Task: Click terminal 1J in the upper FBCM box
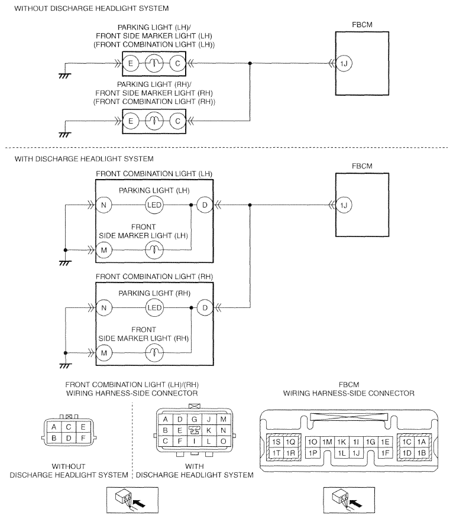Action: click(x=344, y=63)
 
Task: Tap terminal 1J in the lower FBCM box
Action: click(x=344, y=205)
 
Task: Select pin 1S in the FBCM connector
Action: click(x=276, y=442)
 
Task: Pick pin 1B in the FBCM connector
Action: click(x=422, y=453)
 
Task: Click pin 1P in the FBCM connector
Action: click(x=313, y=453)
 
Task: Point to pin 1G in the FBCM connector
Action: click(x=371, y=442)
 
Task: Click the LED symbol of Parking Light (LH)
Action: click(x=154, y=205)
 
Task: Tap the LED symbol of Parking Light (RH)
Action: click(x=154, y=308)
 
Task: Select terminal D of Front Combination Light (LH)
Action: click(x=205, y=205)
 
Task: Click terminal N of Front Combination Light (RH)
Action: click(x=104, y=308)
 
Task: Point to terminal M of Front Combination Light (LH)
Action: click(x=104, y=250)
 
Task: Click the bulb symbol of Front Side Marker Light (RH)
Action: click(x=154, y=353)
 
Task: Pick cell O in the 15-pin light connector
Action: click(x=223, y=441)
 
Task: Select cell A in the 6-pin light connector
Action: click(x=54, y=427)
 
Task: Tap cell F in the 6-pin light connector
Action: click(x=83, y=438)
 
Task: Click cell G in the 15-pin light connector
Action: click(x=195, y=419)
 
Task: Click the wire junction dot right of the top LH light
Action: click(x=250, y=63)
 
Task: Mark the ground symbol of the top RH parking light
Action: click(x=65, y=134)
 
